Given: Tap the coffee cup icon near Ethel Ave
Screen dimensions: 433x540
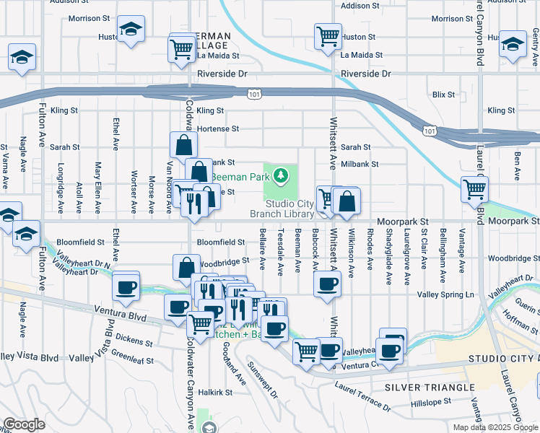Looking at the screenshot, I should coord(126,287).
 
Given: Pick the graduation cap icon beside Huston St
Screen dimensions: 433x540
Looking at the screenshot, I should coord(130,29).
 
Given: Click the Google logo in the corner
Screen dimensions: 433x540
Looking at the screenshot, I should coord(24,424).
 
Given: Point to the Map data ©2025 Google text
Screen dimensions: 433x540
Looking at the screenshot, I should coord(495,427).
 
